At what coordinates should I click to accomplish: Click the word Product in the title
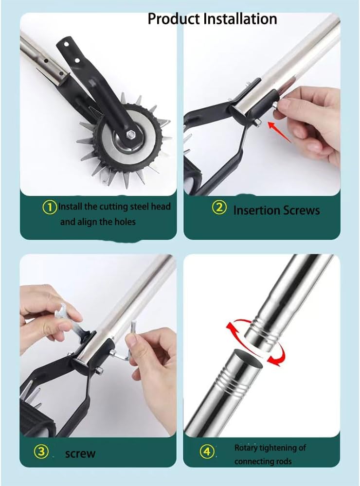(173, 19)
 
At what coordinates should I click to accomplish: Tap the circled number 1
(50, 207)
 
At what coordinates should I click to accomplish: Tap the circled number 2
(219, 208)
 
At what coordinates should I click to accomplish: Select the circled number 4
(207, 452)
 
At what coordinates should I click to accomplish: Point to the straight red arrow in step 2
(280, 132)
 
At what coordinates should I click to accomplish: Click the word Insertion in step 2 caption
(255, 210)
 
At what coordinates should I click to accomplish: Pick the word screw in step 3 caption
(80, 454)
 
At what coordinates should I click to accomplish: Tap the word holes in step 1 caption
(125, 222)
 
